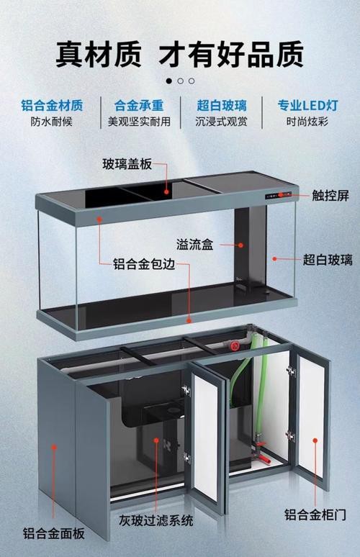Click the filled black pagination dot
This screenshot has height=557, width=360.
click(168, 81)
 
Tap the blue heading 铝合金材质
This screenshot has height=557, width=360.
click(52, 106)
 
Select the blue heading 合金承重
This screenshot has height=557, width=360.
click(139, 106)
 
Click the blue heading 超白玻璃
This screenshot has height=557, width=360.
click(222, 106)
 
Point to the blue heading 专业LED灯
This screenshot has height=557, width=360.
click(307, 106)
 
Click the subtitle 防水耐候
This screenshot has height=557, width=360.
click(52, 122)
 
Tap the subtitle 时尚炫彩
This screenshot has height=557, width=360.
click(307, 122)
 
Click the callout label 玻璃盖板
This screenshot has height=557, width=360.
click(127, 164)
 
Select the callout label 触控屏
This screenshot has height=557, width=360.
click(330, 196)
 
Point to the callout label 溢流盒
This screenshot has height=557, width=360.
click(194, 245)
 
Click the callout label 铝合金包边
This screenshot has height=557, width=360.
click(144, 264)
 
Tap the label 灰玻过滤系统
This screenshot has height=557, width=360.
click(156, 521)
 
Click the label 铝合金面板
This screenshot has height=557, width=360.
click(54, 533)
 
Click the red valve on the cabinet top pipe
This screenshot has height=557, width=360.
click(233, 345)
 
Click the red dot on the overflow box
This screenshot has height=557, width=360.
click(240, 245)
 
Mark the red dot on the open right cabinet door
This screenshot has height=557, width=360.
click(315, 440)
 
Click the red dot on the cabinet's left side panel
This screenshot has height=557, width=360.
click(54, 447)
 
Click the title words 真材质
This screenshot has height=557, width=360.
click(99, 54)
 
